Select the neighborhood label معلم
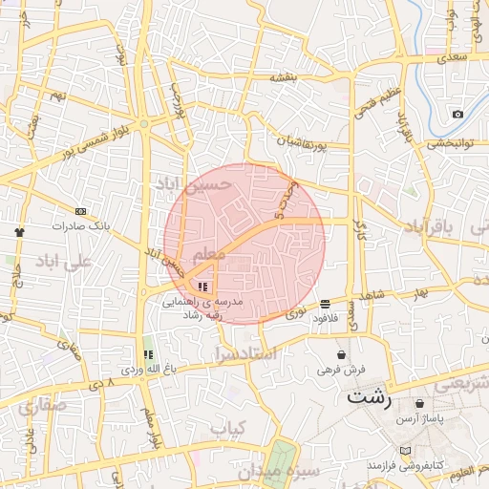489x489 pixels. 209,255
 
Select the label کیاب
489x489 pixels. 228,429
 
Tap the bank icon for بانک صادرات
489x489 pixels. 80,212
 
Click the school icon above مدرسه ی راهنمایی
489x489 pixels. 202,286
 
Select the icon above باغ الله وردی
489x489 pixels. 147,354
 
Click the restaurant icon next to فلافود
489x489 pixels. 326,303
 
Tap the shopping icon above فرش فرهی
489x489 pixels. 341,354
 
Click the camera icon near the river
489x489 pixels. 457,115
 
